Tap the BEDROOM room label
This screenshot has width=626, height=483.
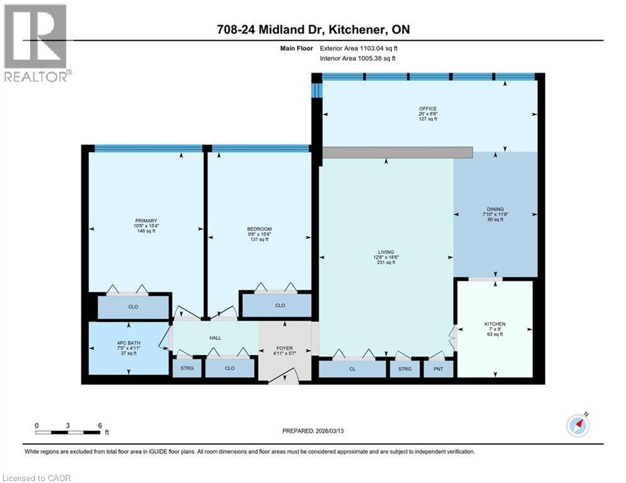point(259,228)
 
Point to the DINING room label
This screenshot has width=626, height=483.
point(495,209)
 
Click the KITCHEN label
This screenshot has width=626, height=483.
point(495,325)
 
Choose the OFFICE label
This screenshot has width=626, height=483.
point(428,109)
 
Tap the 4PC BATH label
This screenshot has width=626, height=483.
point(128,344)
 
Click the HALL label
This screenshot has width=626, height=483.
point(215,338)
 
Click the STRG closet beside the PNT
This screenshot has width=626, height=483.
point(404,369)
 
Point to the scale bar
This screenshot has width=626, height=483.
point(68,432)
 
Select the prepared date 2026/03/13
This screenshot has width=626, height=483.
point(313,431)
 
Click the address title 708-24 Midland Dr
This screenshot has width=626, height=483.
point(313,30)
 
